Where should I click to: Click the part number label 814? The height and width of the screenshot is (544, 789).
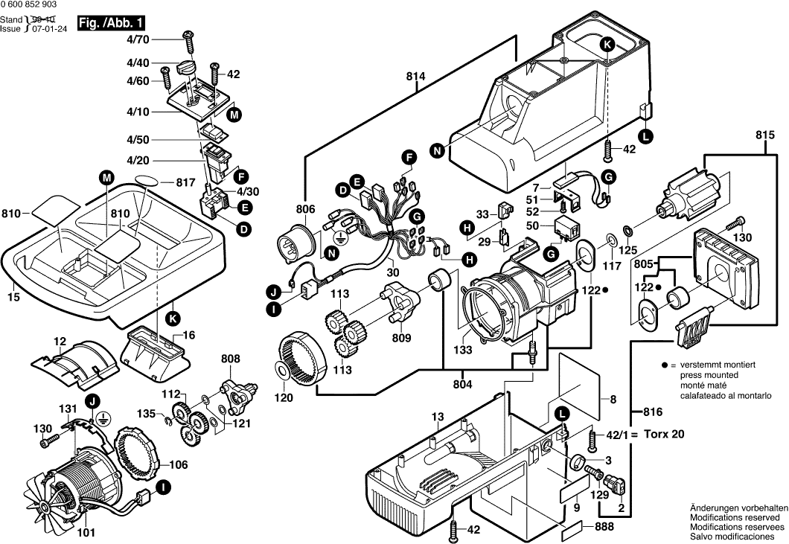[x=417, y=75]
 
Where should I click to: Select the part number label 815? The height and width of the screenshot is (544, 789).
[x=765, y=135]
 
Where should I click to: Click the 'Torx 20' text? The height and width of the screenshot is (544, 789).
[x=663, y=434]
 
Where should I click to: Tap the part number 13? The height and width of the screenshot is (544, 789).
[x=437, y=416]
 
